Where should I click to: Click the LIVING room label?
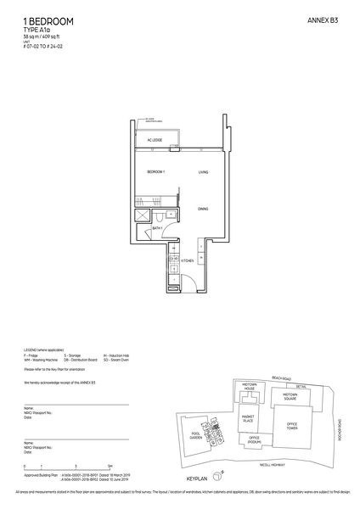tap(203, 172)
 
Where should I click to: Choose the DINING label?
tap(203, 208)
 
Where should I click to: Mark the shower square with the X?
tap(141, 215)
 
